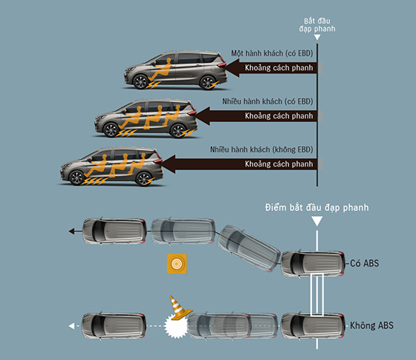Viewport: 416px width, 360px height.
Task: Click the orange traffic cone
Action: tap(179, 307)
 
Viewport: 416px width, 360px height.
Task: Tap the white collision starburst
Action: tap(176, 326)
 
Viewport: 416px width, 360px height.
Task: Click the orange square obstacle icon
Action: tap(177, 264)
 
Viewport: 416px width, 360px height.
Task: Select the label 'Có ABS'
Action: tap(364, 264)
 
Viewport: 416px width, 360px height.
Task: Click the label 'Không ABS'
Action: tap(372, 325)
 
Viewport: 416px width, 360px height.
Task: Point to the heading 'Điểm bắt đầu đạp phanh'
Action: tap(317, 208)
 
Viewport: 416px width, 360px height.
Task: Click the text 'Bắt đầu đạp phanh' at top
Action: tap(317, 25)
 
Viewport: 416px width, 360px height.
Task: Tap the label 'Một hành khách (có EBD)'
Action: tap(272, 53)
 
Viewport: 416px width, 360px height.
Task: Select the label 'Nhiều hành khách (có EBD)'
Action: tap(268, 102)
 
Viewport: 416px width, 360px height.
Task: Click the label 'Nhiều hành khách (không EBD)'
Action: tap(262, 150)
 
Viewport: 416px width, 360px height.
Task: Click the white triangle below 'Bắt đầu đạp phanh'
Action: tap(317, 38)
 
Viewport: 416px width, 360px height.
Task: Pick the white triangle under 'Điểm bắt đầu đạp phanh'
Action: tap(317, 221)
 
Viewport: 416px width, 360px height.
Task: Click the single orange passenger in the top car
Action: tap(161, 69)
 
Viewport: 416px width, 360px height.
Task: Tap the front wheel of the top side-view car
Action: tap(141, 81)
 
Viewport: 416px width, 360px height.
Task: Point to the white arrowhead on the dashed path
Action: tap(72, 326)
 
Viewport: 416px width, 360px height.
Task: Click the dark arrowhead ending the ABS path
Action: tap(72, 231)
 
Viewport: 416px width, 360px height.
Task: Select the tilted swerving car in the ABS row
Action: tap(249, 248)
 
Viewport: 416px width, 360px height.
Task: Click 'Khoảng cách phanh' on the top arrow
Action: tap(279, 68)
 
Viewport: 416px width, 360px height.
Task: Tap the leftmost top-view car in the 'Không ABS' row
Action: tap(114, 326)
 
